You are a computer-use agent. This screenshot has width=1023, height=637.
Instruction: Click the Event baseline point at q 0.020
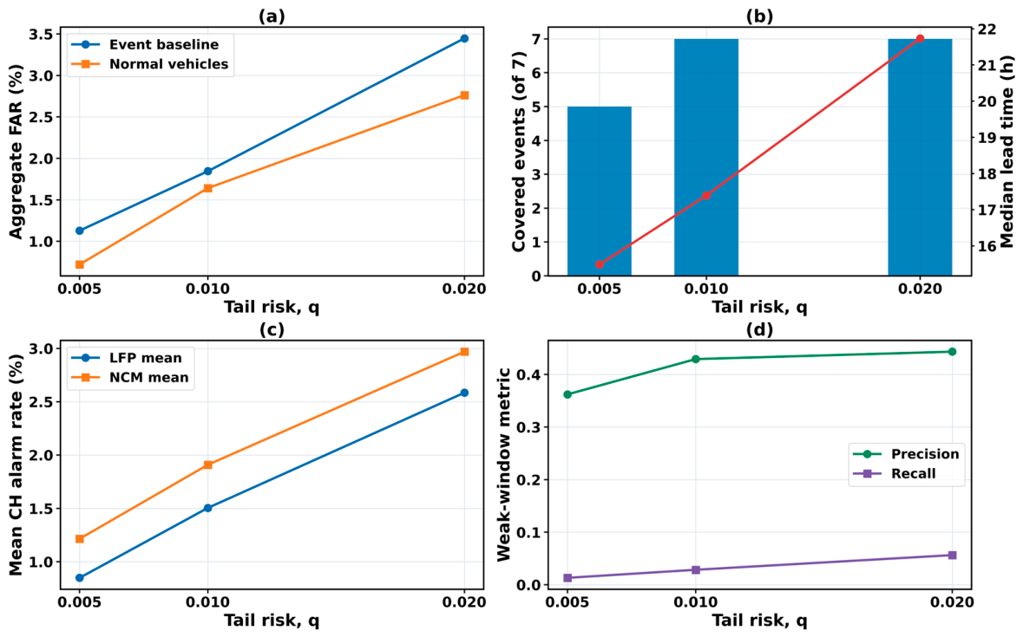[464, 38]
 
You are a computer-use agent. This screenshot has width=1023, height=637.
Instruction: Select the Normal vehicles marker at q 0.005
[80, 264]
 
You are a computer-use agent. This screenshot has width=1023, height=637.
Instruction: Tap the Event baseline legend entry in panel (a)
[149, 45]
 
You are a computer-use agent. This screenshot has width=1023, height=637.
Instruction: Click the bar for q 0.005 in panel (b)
[599, 191]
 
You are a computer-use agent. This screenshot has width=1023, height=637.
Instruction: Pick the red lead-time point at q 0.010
[706, 195]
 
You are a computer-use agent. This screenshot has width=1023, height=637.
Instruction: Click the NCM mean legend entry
[136, 378]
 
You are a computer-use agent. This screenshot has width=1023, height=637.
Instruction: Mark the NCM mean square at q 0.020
[464, 352]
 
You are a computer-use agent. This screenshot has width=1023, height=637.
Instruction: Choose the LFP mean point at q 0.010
[207, 508]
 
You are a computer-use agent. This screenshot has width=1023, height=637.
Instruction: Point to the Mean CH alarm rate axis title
[16, 465]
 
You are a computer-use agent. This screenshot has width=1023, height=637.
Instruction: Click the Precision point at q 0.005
[567, 394]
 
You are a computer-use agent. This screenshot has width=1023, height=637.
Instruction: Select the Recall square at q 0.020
[952, 556]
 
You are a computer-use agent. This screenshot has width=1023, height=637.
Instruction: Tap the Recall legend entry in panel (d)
[907, 474]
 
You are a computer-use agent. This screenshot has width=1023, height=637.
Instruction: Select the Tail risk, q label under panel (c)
[272, 621]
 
